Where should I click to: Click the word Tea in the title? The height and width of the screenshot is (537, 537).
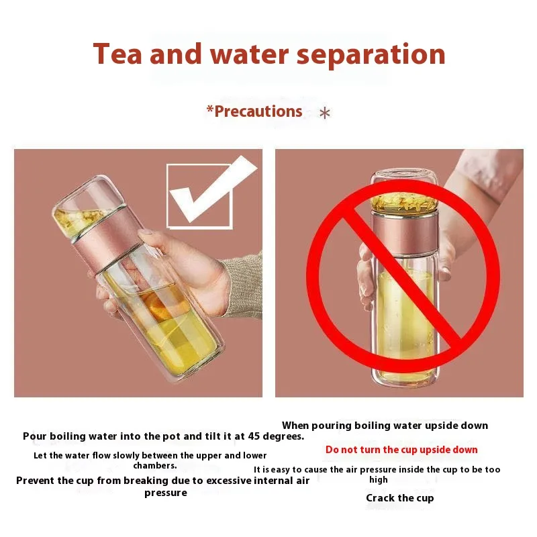click(x=117, y=54)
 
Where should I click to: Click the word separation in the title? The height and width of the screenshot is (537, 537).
click(x=371, y=55)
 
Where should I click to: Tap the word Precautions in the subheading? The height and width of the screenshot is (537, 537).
click(x=258, y=111)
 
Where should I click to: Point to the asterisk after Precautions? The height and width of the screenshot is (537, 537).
click(x=325, y=113)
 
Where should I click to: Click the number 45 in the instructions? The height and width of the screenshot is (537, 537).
click(x=254, y=436)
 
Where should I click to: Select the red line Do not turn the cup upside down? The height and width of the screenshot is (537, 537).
click(x=401, y=449)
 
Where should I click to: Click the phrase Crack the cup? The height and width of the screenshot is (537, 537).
click(x=399, y=498)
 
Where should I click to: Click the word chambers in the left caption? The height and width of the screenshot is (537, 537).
click(x=155, y=466)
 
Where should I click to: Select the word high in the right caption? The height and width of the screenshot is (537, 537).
click(x=379, y=480)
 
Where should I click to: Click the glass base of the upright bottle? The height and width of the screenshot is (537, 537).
click(x=405, y=379)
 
